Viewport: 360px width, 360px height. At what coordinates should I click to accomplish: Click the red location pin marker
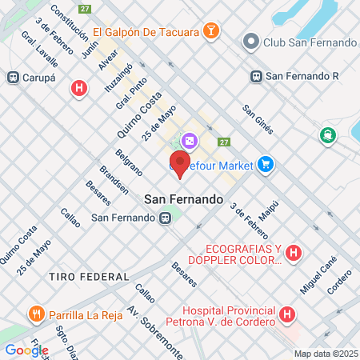pyautogui.click(x=180, y=164)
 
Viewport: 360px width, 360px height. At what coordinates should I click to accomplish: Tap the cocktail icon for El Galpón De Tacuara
pyautogui.click(x=210, y=32)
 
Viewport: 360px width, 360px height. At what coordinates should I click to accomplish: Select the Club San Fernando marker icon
pyautogui.click(x=251, y=41)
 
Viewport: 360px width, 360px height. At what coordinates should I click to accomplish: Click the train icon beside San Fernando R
pyautogui.click(x=256, y=77)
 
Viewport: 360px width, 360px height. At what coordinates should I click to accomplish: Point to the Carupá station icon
pyautogui.click(x=13, y=77)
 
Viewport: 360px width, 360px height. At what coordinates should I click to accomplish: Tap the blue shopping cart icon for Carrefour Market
pyautogui.click(x=266, y=166)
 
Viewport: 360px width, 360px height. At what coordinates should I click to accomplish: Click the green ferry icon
pyautogui.click(x=326, y=135)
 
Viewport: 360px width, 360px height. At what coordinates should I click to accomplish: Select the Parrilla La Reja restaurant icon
pyautogui.click(x=35, y=314)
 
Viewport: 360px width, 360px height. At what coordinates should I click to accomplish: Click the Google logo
pyautogui.click(x=26, y=350)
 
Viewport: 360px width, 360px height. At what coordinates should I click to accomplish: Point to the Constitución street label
pyautogui.click(x=68, y=22)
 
